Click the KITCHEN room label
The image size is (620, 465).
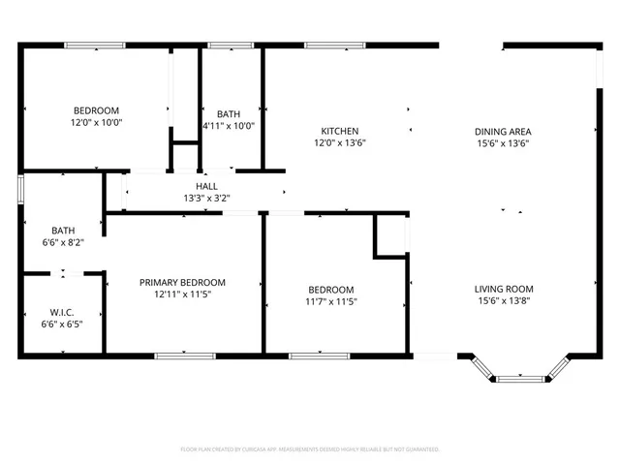(x=340, y=131)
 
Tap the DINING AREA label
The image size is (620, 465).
(x=502, y=131)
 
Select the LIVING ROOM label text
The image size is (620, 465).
(x=504, y=289)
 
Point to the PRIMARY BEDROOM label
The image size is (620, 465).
(x=182, y=282)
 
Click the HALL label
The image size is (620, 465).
(x=206, y=186)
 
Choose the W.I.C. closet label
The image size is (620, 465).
(x=62, y=312)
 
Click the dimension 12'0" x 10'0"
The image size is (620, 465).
(x=96, y=122)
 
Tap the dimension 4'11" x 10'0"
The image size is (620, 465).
(x=228, y=126)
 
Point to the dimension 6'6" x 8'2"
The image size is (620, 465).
(x=63, y=242)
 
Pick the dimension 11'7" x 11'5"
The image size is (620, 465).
(x=330, y=301)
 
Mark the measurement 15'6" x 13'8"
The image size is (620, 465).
(x=504, y=300)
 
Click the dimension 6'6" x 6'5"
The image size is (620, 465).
(x=62, y=324)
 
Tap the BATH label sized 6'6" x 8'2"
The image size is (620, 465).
(x=63, y=231)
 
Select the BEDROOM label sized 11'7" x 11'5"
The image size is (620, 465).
(x=330, y=290)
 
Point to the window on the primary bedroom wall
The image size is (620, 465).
(x=184, y=356)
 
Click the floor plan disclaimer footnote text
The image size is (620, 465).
(x=310, y=449)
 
